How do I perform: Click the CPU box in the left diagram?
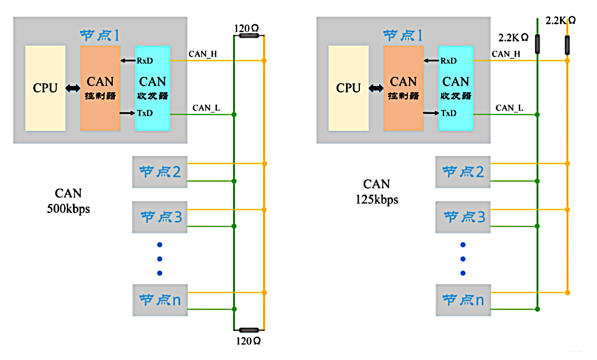(x=45, y=88)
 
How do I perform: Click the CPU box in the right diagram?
(x=348, y=88)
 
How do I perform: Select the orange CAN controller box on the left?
(x=100, y=88)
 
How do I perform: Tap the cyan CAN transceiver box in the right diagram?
(x=455, y=88)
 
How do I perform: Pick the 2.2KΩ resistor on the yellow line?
(x=567, y=45)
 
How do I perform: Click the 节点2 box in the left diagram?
(x=160, y=172)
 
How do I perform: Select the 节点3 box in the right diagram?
(x=463, y=217)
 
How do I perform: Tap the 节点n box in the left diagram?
(x=160, y=300)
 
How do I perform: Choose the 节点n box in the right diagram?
(x=463, y=300)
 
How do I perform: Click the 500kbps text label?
(x=69, y=210)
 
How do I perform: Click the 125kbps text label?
(x=377, y=200)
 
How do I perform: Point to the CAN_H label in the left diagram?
(x=203, y=54)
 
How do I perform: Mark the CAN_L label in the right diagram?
(x=509, y=108)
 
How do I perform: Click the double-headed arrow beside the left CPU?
(x=72, y=88)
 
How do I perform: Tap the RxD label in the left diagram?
(x=145, y=60)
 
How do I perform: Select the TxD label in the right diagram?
(x=448, y=113)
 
